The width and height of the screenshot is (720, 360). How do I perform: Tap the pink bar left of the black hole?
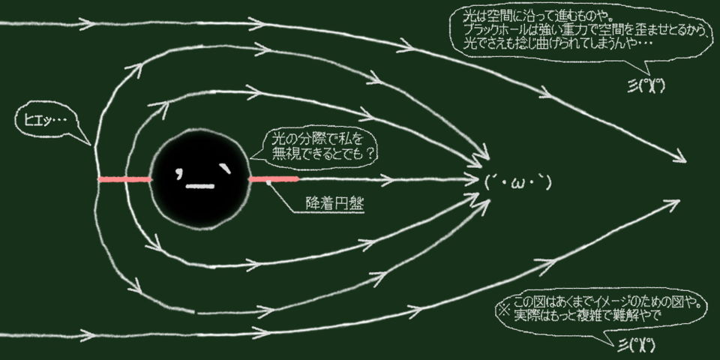(124, 180)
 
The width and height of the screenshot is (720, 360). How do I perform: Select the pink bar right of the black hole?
(274, 179)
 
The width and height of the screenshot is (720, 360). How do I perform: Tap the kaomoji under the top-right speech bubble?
(649, 84)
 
